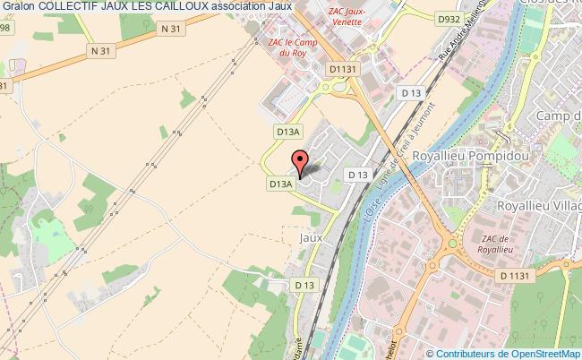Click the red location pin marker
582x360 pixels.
point(301,162)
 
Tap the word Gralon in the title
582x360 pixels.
point(18,7)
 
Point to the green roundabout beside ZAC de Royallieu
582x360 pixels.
point(452,243)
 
